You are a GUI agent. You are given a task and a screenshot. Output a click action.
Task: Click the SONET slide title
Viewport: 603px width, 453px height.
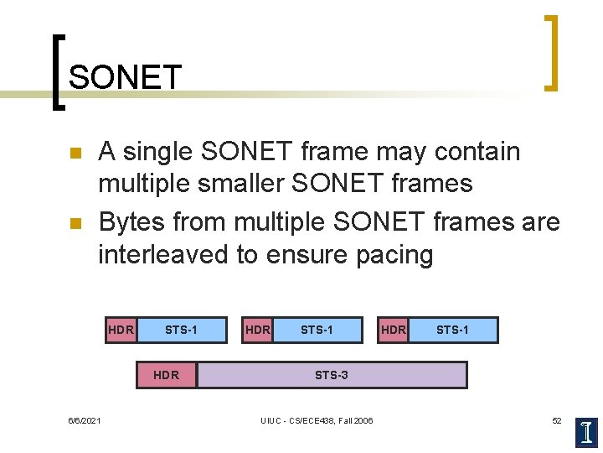coord(125,78)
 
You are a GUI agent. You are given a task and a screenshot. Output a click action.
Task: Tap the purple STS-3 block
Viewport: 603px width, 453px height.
coord(332,375)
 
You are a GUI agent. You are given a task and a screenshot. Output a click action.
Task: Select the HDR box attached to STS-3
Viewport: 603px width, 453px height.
coord(167,375)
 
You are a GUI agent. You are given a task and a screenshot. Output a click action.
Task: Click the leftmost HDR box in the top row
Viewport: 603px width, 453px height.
coord(121,330)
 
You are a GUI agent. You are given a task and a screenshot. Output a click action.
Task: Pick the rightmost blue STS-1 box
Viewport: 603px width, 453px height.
coord(452,330)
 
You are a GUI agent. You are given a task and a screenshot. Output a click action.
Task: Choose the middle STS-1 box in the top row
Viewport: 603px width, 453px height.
coord(317,330)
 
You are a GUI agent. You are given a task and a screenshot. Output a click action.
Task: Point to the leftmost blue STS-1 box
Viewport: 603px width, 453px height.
coord(181,330)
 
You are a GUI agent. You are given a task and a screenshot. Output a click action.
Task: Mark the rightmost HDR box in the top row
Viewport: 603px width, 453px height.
coord(393,330)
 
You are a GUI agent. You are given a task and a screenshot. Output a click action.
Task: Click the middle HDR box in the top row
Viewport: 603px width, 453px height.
coord(257,330)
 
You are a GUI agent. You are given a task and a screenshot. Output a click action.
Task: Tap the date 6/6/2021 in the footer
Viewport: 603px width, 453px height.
coord(84,420)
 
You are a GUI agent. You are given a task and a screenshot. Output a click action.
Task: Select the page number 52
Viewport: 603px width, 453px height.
coord(557,420)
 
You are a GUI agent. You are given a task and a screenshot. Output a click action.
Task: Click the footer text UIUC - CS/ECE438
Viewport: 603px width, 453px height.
coord(317,420)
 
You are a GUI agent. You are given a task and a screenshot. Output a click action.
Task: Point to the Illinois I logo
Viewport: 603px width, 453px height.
coord(587,431)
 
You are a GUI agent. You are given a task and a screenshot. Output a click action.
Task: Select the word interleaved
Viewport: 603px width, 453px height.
coord(163,254)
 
